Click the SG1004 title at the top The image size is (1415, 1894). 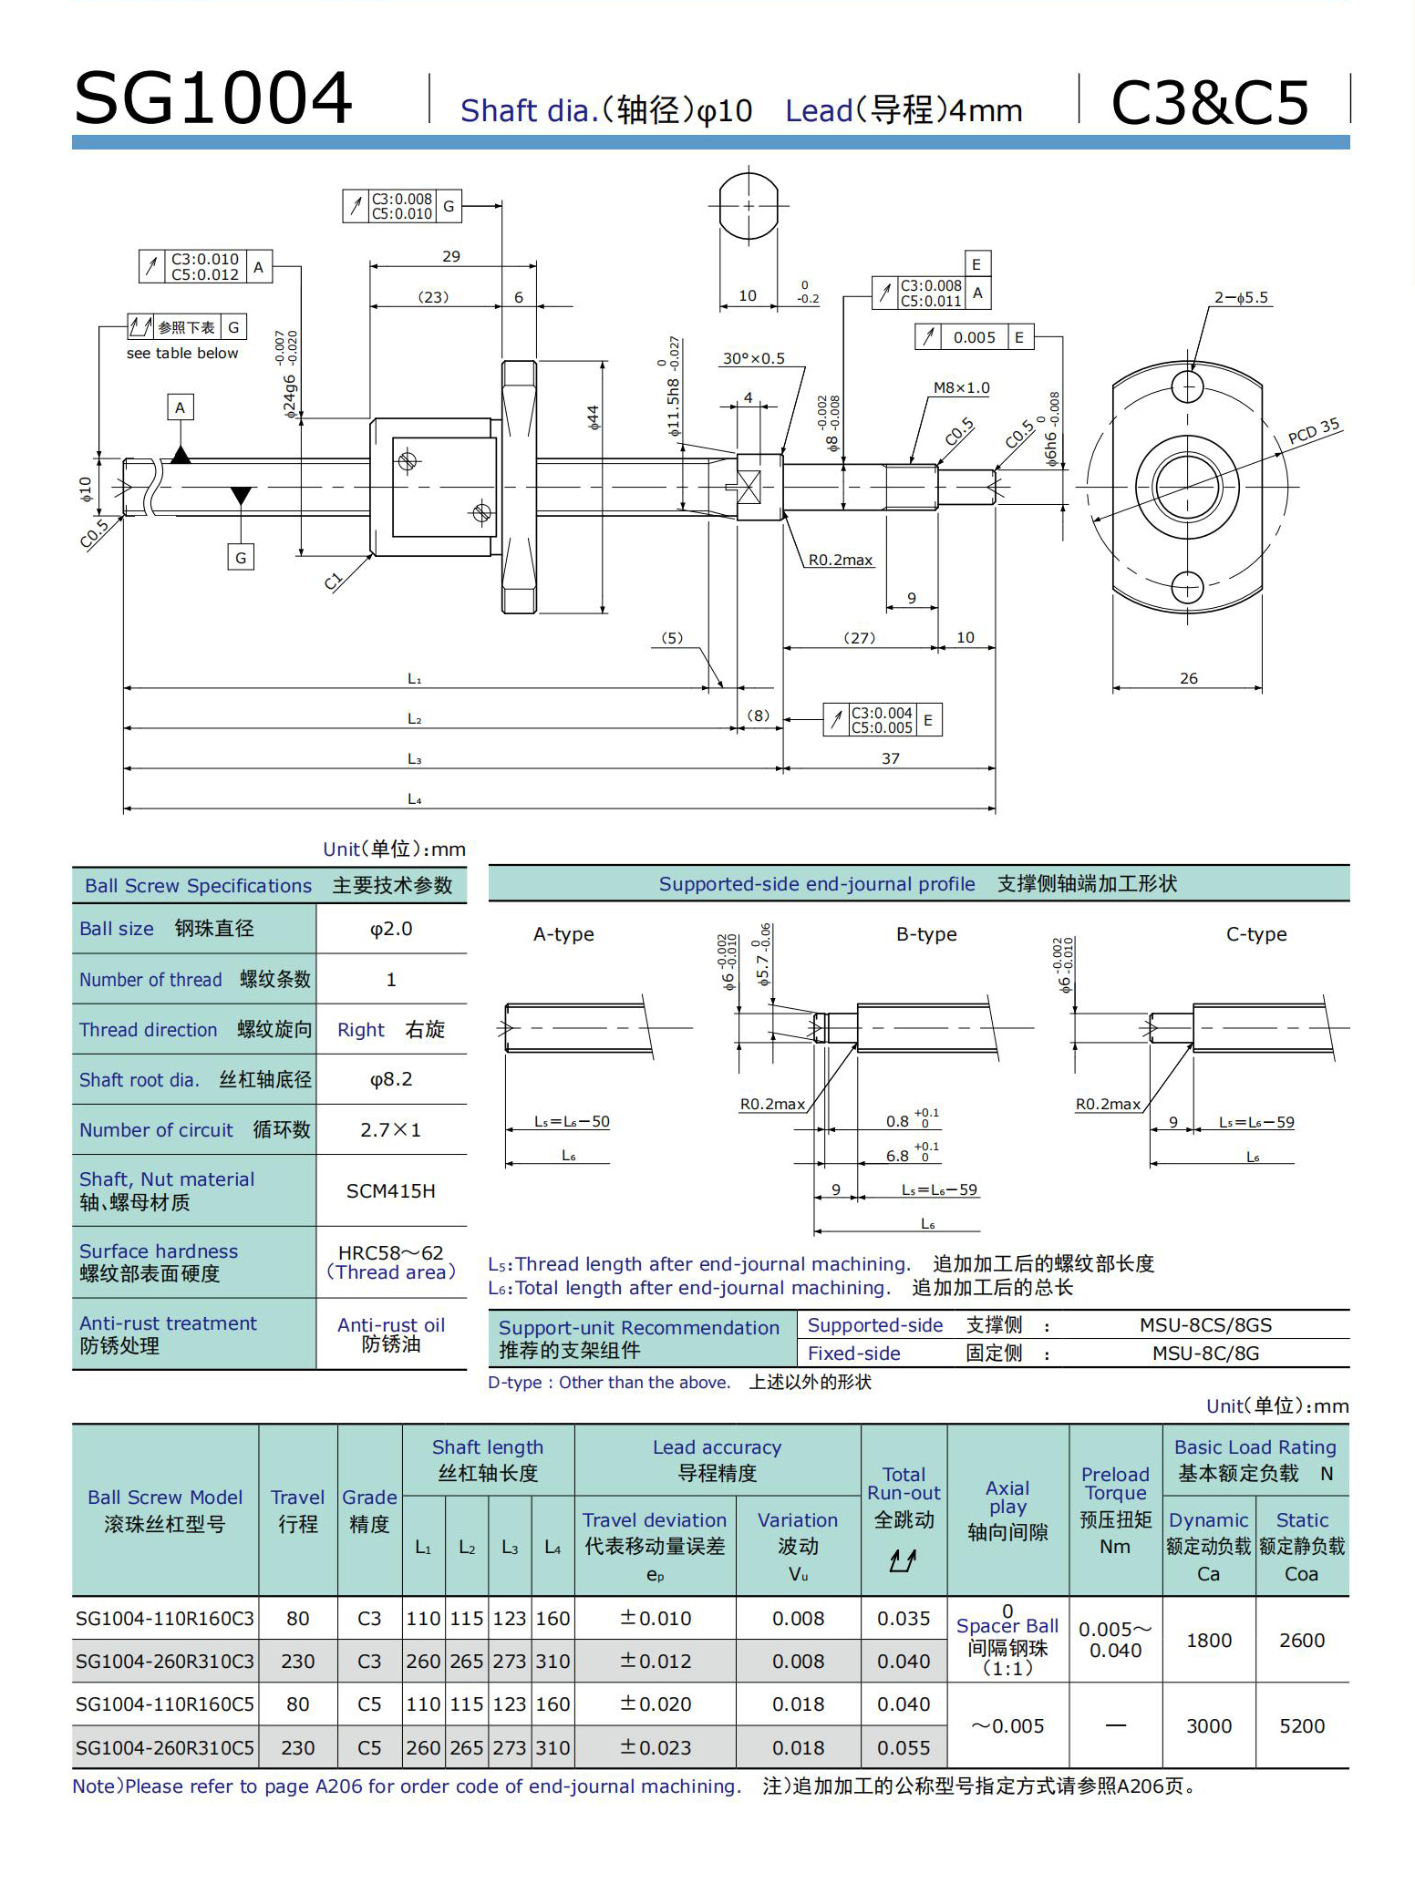pyautogui.click(x=212, y=98)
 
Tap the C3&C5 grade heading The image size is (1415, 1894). pyautogui.click(x=1210, y=102)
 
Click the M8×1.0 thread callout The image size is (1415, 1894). pyautogui.click(x=961, y=388)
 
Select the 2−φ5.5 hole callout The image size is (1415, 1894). pyautogui.click(x=1241, y=298)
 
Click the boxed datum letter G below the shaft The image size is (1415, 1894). pyautogui.click(x=241, y=558)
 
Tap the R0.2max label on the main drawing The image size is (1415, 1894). pyautogui.click(x=841, y=561)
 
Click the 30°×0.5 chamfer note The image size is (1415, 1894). pyautogui.click(x=753, y=359)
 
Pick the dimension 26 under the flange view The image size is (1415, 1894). pyautogui.click(x=1189, y=679)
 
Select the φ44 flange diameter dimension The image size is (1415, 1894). pyautogui.click(x=594, y=417)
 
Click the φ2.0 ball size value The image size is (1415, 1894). pyautogui.click(x=391, y=929)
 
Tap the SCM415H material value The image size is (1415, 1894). pyautogui.click(x=391, y=1191)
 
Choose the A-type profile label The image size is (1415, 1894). pyautogui.click(x=563, y=934)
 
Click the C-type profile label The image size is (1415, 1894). pyautogui.click(x=1256, y=934)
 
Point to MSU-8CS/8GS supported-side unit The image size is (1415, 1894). pyautogui.click(x=1205, y=1325)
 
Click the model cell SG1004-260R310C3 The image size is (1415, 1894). pyautogui.click(x=165, y=1662)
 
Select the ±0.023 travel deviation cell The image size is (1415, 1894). pyautogui.click(x=656, y=1748)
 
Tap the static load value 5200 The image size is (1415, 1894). pyautogui.click(x=1302, y=1726)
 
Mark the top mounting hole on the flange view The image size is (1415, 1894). pyautogui.click(x=1187, y=387)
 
